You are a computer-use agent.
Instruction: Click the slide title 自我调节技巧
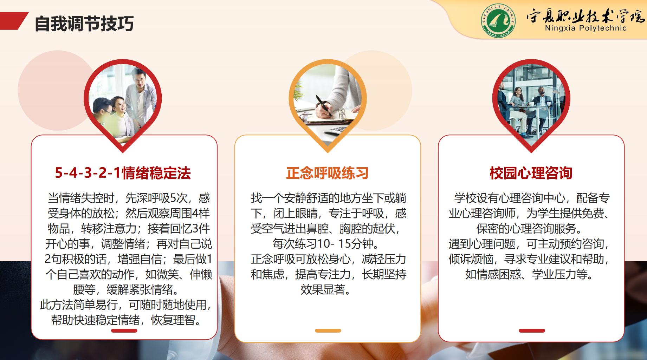tap(84, 24)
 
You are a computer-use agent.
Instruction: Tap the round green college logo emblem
tap(498, 21)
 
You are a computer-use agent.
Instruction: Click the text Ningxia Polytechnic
tap(585, 28)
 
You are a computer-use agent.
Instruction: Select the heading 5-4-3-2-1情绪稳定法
tap(123, 173)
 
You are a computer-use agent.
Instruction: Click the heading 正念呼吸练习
tap(327, 173)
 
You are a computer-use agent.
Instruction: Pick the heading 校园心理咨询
tap(531, 173)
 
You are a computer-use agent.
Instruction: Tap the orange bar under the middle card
tap(328, 330)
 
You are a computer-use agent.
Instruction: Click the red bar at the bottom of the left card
tap(124, 330)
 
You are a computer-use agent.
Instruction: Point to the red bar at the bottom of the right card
tap(532, 330)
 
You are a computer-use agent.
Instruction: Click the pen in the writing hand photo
tap(324, 105)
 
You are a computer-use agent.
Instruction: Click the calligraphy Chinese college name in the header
tap(585, 15)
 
